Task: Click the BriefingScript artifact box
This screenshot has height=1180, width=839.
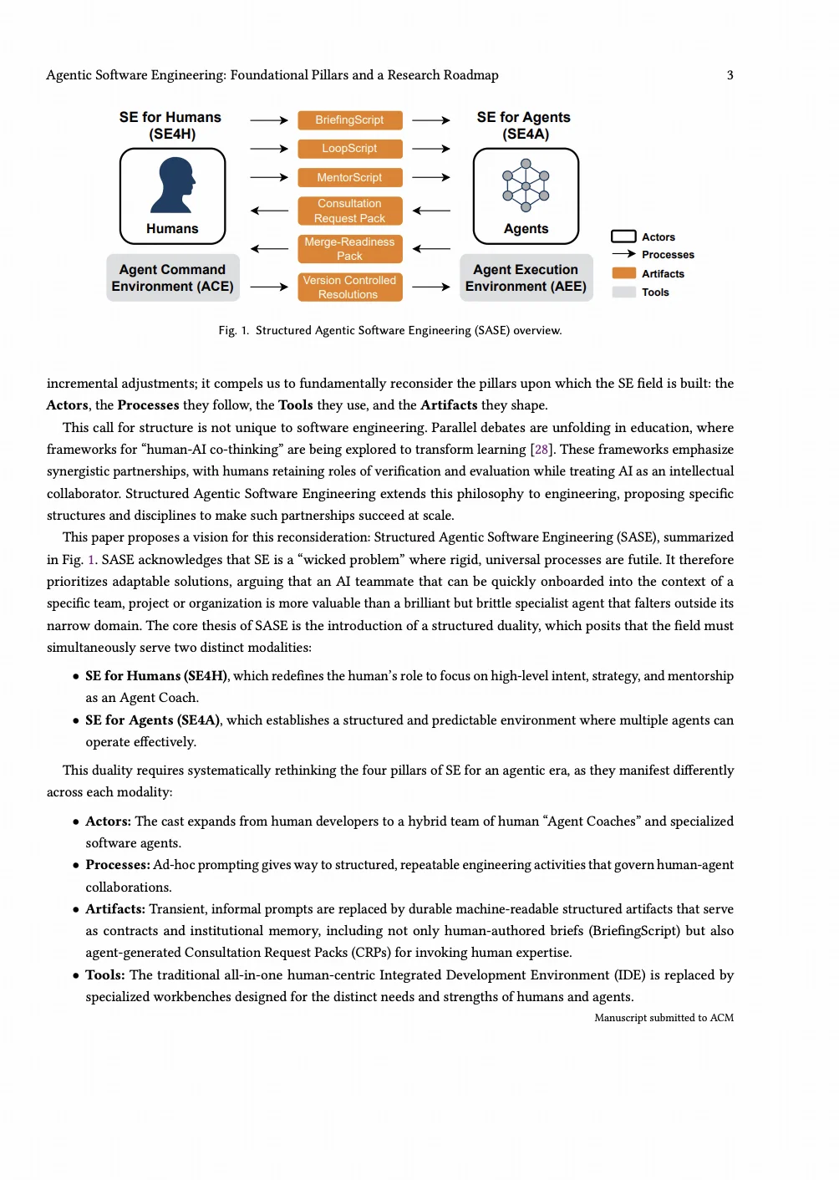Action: [349, 120]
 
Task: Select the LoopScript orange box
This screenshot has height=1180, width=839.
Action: [349, 149]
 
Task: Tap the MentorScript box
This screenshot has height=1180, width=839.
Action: [349, 177]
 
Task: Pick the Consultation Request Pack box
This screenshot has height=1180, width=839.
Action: [349, 211]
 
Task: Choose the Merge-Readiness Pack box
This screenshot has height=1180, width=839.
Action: [349, 249]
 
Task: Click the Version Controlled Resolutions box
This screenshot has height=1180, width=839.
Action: [349, 287]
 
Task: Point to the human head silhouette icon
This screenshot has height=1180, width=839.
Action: [173, 186]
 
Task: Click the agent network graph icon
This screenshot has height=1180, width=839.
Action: [526, 186]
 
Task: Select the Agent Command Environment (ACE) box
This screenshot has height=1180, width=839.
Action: [173, 278]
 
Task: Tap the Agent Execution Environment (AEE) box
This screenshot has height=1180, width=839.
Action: [526, 278]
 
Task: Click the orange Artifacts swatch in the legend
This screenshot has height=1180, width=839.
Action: [624, 273]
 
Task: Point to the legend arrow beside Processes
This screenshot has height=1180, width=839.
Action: [624, 254]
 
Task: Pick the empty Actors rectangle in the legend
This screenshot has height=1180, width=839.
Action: [624, 237]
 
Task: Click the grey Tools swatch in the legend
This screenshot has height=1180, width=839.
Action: [624, 292]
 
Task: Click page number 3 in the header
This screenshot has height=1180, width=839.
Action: [730, 75]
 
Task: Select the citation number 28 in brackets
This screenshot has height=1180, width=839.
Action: [542, 450]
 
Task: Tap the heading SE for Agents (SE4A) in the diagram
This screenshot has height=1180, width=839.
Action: [524, 125]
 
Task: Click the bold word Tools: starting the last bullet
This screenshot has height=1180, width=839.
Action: [105, 975]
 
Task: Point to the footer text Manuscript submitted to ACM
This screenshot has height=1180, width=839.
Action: [664, 1018]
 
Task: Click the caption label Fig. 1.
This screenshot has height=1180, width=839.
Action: [234, 331]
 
